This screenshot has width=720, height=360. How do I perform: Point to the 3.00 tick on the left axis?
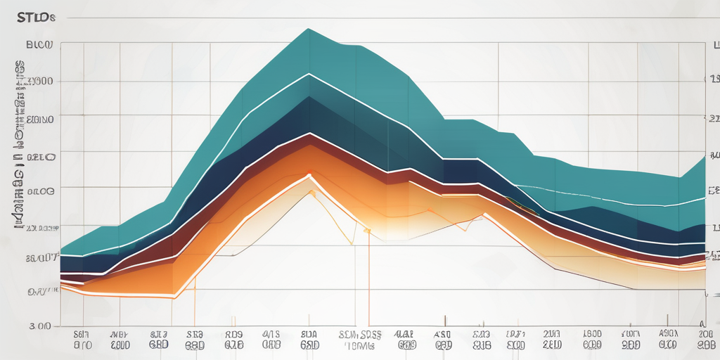(38, 326)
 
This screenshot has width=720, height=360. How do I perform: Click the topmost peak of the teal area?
(307, 29)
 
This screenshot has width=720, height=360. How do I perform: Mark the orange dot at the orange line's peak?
(309, 174)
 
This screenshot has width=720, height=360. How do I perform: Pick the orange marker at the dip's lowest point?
(366, 230)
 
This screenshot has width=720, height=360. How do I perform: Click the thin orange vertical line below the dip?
(368, 281)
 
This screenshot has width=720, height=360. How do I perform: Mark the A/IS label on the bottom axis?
(271, 335)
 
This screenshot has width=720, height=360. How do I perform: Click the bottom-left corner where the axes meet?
(61, 326)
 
